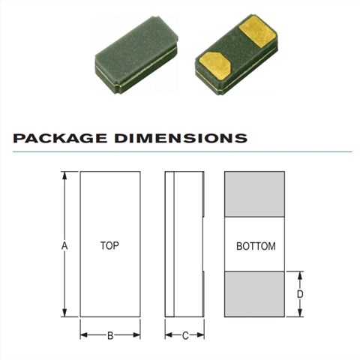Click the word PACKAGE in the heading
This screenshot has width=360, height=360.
coord(61,138)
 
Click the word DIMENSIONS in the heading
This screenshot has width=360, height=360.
coord(181,138)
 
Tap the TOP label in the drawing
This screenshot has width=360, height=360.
coord(109,246)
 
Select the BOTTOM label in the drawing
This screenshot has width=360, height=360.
coord(256,246)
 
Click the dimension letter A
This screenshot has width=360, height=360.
coord(64,246)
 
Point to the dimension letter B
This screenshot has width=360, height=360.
coord(110,336)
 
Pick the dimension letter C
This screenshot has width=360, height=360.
coord(185,336)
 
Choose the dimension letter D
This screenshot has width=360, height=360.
coord(300,294)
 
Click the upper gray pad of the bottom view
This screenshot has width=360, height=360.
coord(254,194)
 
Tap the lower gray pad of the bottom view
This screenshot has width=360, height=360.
coord(254,294)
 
